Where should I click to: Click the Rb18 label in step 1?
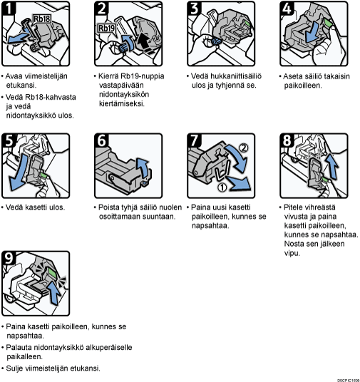click(41, 19)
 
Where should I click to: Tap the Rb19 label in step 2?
click(106, 28)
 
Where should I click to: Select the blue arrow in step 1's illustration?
click(18, 38)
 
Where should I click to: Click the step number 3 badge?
click(195, 9)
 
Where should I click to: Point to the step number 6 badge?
click(101, 140)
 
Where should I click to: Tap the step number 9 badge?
click(9, 258)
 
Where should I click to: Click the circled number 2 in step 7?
click(243, 148)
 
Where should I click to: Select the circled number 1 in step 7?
click(222, 187)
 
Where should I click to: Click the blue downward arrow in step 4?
click(312, 33)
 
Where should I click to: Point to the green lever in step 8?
click(324, 180)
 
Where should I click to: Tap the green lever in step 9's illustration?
click(51, 272)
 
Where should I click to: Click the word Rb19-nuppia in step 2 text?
click(143, 76)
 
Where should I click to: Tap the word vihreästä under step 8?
click(322, 207)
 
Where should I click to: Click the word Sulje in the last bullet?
click(14, 368)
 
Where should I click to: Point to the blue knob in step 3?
click(216, 41)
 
